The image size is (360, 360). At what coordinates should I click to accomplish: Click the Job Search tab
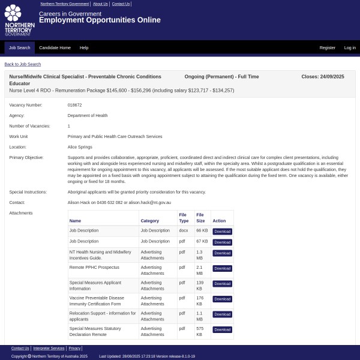pyautogui.click(x=19, y=47)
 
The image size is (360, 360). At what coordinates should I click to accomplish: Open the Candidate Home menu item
pyautogui.click(x=55, y=47)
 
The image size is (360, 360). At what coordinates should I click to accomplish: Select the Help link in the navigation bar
pyautogui.click(x=84, y=47)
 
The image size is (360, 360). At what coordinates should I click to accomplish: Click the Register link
pyautogui.click(x=327, y=47)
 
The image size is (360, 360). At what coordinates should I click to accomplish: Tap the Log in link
pyautogui.click(x=349, y=47)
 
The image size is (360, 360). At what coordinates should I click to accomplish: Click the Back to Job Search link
pyautogui.click(x=23, y=64)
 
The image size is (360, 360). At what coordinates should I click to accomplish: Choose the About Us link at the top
pyautogui.click(x=100, y=4)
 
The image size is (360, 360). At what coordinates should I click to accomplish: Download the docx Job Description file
pyautogui.click(x=222, y=231)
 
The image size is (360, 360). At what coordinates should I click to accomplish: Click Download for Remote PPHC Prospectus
pyautogui.click(x=222, y=268)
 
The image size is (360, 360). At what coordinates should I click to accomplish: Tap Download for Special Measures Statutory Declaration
pyautogui.click(x=222, y=329)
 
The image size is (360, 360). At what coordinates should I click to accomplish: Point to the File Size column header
pyautogui.click(x=200, y=218)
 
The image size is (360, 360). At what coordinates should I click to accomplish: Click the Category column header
pyautogui.click(x=150, y=221)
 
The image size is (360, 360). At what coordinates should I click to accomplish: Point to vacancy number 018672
pyautogui.click(x=74, y=105)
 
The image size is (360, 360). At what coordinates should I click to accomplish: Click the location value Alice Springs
pyautogui.click(x=80, y=147)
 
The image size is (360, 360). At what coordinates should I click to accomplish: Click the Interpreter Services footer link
pyautogui.click(x=49, y=348)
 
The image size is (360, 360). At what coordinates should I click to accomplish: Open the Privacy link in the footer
pyautogui.click(x=74, y=348)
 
